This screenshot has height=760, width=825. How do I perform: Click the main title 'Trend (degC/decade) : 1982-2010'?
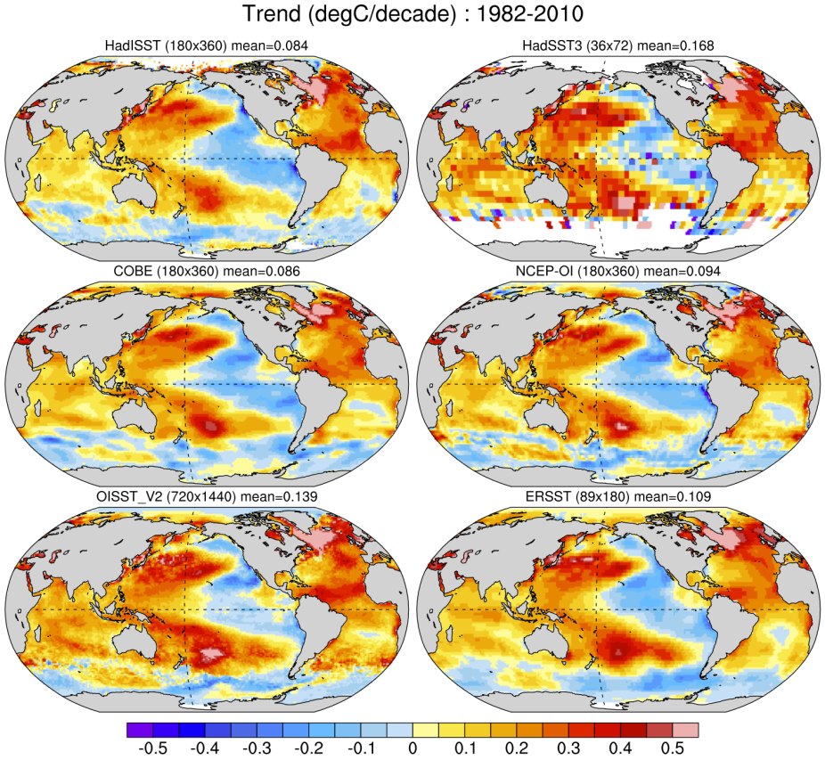[412, 15]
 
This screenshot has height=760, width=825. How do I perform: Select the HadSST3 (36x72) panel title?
[619, 45]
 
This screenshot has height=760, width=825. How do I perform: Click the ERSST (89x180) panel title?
[619, 495]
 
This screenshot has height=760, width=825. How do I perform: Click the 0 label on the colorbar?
[412, 748]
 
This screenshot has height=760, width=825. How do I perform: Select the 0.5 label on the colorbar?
[673, 748]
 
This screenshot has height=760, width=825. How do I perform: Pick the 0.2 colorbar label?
[517, 748]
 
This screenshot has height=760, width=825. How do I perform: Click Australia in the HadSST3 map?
[544, 195]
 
